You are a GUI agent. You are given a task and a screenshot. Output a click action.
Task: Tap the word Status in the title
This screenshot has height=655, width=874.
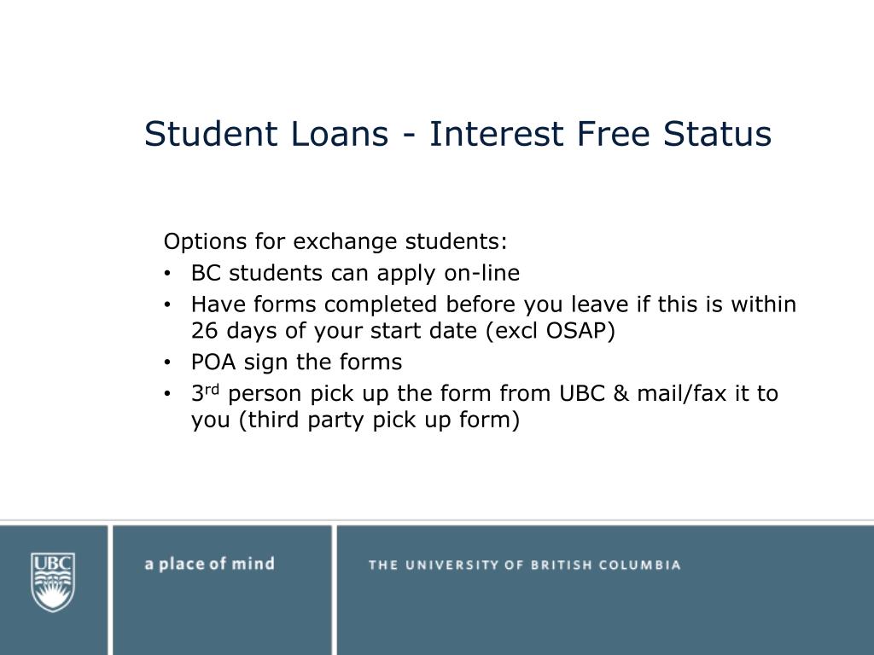717,135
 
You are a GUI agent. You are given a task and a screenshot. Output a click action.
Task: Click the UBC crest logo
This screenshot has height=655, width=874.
53,582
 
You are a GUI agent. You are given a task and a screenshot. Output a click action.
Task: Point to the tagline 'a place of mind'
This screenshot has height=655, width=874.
209,564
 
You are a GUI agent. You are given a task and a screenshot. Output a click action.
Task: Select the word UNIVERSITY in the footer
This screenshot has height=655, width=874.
448,565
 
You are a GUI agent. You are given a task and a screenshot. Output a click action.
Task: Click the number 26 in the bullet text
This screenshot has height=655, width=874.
204,332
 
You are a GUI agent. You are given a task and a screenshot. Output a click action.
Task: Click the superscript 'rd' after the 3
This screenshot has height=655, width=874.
213,389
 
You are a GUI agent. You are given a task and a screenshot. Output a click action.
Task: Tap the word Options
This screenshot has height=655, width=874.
195,242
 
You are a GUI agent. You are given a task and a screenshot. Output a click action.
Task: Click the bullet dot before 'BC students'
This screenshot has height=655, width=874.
169,275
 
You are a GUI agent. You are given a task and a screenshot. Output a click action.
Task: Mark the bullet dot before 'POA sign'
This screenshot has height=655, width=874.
169,363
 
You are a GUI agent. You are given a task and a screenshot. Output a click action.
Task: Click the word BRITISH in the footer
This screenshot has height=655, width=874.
555,565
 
